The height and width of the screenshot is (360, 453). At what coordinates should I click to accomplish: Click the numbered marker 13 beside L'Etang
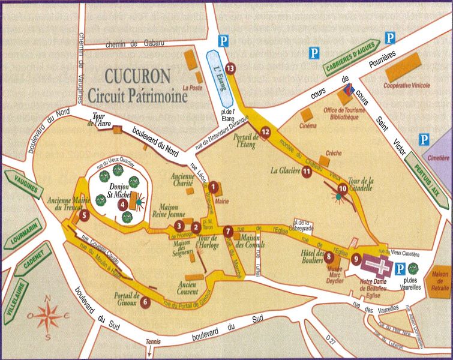[229, 68]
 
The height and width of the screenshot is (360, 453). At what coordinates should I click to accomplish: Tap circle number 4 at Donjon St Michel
[123, 203]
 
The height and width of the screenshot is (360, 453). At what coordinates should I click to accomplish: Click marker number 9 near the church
[356, 259]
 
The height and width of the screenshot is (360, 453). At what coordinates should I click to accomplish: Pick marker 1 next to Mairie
[212, 187]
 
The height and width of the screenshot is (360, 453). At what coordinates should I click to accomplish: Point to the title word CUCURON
[137, 76]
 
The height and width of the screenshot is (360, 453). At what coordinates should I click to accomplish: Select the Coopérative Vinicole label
[407, 85]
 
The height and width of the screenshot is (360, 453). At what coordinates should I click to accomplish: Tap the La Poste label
[193, 87]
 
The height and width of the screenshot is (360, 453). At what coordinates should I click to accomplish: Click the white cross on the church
[380, 263]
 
